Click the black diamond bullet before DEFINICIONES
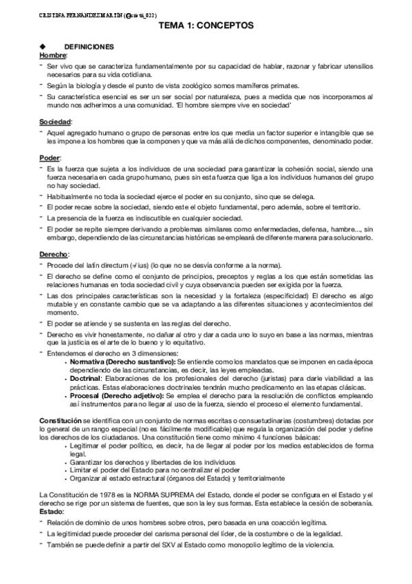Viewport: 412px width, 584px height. pos(43,46)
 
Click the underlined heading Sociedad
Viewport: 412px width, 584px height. pos(56,122)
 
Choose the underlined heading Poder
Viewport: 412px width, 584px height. pos(50,158)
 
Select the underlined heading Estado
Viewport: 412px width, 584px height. pos(52,512)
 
